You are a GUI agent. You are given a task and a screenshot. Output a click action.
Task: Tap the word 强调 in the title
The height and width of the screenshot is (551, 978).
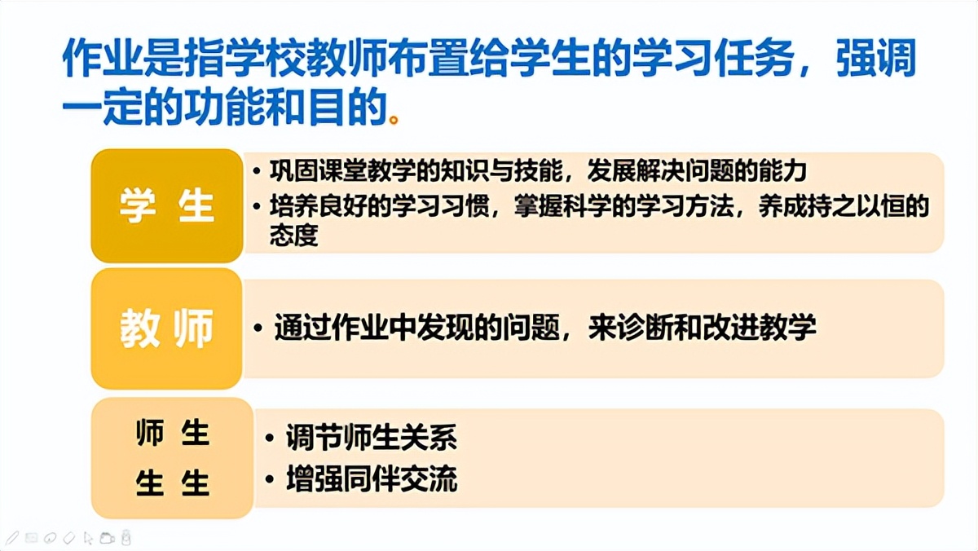[876, 59]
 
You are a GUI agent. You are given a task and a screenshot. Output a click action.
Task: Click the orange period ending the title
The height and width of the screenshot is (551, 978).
[395, 120]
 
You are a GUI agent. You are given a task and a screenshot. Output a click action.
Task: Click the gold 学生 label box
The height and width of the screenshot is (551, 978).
[166, 205]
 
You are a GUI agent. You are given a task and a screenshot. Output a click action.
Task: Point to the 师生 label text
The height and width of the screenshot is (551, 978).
[172, 434]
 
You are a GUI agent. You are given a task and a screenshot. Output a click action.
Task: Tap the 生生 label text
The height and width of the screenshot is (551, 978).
[172, 483]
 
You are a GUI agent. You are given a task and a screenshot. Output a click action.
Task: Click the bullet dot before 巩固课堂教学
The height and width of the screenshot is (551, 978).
[258, 173]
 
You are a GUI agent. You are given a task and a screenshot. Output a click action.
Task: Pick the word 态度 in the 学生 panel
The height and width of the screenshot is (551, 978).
[294, 236]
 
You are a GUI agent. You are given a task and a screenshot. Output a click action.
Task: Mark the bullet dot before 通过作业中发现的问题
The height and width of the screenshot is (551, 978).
[258, 328]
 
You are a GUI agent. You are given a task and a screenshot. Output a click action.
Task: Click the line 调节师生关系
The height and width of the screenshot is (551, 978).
[371, 439]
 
